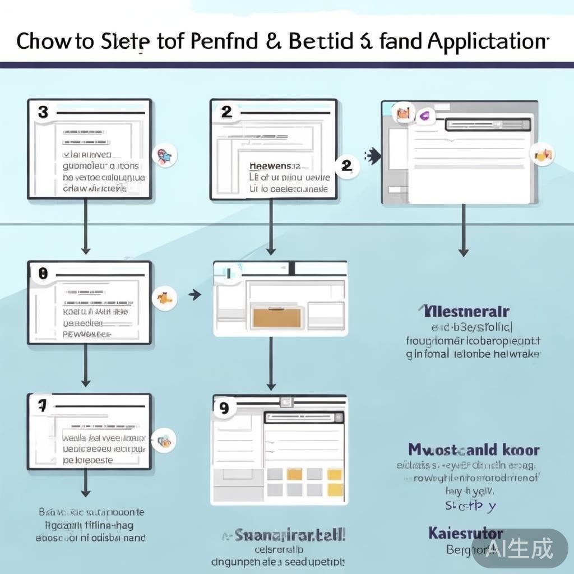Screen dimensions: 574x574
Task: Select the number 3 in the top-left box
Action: click(x=43, y=112)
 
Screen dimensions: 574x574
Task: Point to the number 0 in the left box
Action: click(x=43, y=274)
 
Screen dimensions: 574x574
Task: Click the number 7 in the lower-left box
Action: click(x=42, y=406)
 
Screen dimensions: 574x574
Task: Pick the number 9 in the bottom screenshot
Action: click(x=224, y=408)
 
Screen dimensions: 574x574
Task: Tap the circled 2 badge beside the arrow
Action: click(x=346, y=165)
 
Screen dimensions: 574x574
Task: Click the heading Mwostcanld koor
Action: click(x=474, y=450)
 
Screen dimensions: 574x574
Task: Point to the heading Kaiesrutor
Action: click(x=466, y=533)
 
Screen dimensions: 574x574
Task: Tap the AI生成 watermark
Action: click(x=520, y=548)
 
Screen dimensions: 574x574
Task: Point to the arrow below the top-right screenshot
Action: click(x=463, y=230)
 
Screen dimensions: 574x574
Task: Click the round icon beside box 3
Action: click(x=164, y=155)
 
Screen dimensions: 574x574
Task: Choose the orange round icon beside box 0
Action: click(x=165, y=297)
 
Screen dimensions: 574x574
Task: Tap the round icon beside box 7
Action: click(x=165, y=441)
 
